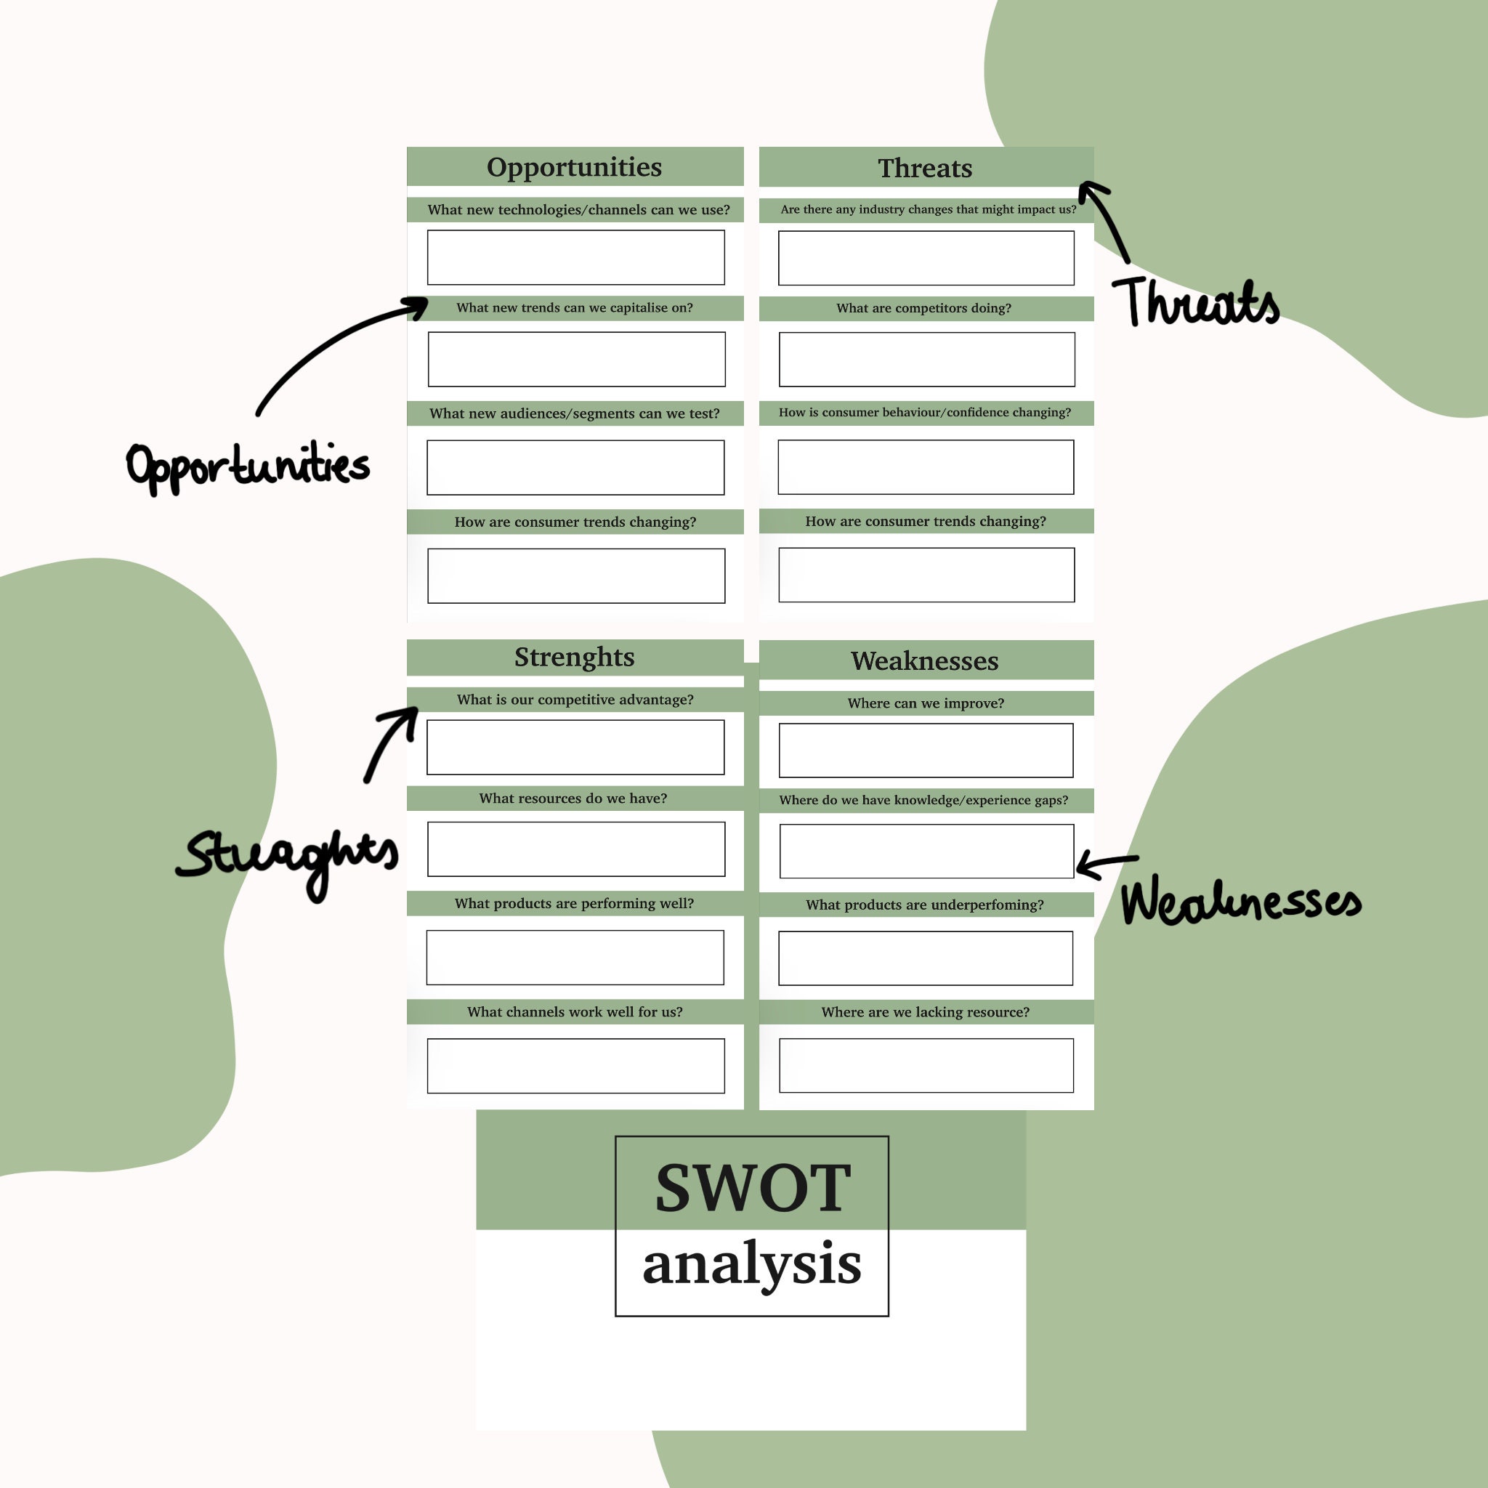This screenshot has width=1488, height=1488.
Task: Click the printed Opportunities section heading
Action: (574, 167)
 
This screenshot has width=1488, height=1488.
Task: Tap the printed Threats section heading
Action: (925, 168)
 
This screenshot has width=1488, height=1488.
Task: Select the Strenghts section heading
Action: (574, 657)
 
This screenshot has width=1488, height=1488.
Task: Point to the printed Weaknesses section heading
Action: (924, 661)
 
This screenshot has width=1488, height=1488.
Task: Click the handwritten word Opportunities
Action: (248, 466)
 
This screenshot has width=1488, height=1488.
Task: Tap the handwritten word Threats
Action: (1196, 302)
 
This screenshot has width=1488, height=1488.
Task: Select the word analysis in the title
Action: (752, 1264)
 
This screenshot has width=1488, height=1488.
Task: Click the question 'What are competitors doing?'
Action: (923, 308)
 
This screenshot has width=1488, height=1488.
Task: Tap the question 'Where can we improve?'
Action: (926, 703)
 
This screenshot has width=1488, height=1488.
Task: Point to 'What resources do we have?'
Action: (573, 798)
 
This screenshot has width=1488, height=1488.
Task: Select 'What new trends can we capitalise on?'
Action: (575, 308)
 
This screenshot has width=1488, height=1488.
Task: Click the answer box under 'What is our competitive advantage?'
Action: (575, 747)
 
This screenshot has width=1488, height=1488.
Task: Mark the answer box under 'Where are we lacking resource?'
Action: (926, 1065)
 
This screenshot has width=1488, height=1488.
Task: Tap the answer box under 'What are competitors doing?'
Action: (926, 359)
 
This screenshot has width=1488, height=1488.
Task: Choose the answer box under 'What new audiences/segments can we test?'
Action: (575, 467)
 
